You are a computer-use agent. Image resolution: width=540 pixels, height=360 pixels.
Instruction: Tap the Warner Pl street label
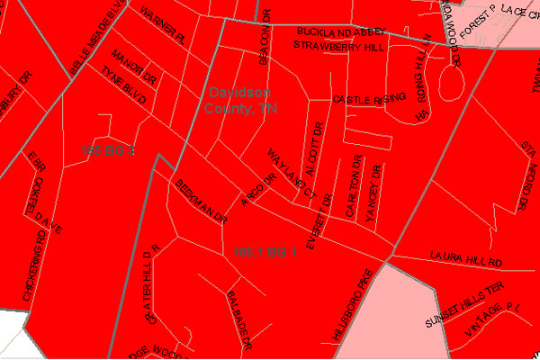click(x=162, y=27)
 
